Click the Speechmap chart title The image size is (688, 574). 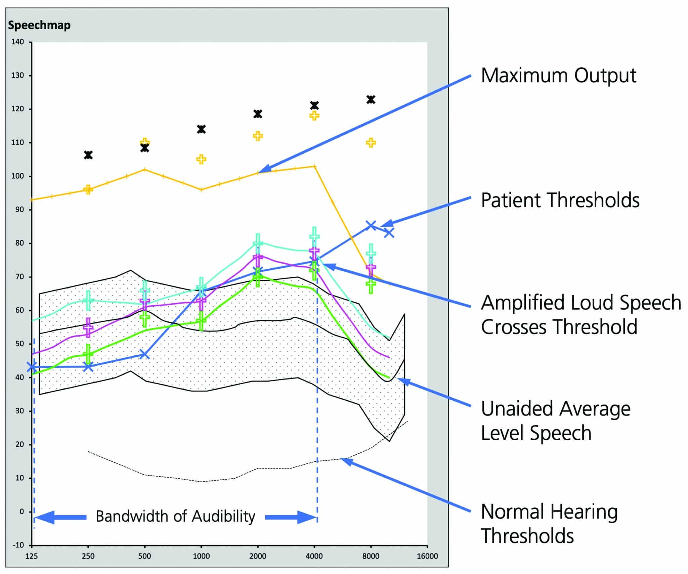39,25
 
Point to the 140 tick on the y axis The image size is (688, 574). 18,42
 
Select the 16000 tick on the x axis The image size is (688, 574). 427,556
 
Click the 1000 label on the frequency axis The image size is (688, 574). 201,556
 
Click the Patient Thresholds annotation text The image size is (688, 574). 560,200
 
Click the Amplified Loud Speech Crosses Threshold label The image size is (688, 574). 581,314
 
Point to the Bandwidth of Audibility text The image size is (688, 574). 175,516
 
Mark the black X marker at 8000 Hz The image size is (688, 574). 371,99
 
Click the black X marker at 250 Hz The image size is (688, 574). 88,155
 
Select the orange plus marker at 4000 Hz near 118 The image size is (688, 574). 314,116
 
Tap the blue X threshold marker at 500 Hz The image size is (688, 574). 144,354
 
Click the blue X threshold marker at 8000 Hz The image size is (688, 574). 371,225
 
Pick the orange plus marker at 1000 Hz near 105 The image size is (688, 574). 201,159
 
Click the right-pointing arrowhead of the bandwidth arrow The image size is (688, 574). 306,517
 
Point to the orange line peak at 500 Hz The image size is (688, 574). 144,169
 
